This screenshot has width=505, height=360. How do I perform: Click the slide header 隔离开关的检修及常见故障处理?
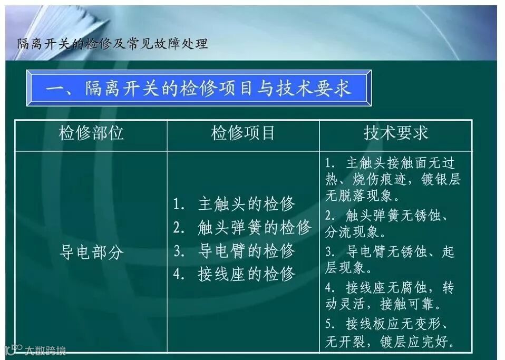112,43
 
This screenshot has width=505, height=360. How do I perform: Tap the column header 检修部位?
91,133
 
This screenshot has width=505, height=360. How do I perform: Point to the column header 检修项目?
243,133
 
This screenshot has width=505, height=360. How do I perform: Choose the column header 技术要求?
395,133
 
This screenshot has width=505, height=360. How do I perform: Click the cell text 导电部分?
91,252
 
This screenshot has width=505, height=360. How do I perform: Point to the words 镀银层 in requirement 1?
441,179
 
